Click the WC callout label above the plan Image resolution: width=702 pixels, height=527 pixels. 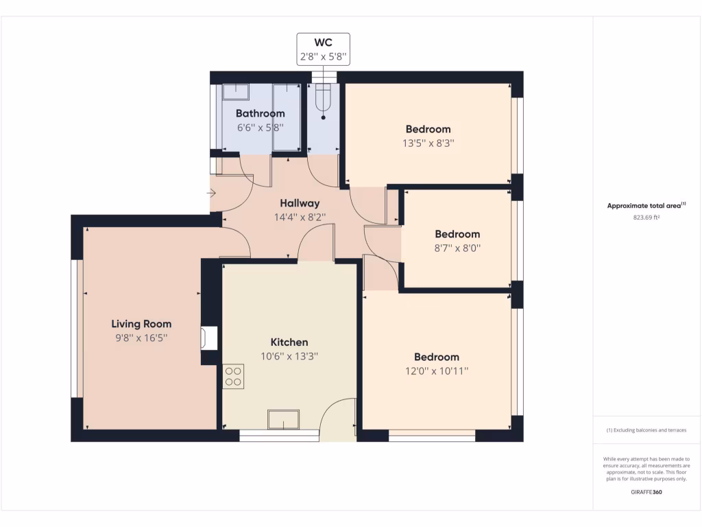(323, 49)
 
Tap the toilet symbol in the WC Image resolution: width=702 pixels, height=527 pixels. (323, 99)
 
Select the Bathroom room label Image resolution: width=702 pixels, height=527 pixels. (260, 113)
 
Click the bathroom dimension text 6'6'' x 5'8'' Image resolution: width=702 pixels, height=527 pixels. (260, 128)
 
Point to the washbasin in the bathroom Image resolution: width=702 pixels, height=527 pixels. (235, 92)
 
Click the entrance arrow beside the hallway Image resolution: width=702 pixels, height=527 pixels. (212, 194)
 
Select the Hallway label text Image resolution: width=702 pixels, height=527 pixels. (300, 203)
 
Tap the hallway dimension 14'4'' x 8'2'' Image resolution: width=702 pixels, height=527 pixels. (300, 218)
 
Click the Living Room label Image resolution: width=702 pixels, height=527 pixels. (141, 324)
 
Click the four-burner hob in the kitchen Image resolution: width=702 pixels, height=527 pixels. (233, 376)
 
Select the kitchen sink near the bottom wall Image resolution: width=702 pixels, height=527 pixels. (284, 419)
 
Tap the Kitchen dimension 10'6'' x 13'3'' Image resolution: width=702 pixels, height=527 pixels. (289, 356)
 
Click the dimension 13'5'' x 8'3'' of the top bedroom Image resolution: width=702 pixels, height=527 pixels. (428, 143)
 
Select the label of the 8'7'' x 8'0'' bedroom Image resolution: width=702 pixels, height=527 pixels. (457, 234)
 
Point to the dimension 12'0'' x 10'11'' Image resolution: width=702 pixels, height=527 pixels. (436, 371)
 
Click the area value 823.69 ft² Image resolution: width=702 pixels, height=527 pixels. (646, 218)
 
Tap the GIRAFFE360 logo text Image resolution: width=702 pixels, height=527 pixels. (646, 492)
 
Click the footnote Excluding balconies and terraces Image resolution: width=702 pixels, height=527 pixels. (646, 430)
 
